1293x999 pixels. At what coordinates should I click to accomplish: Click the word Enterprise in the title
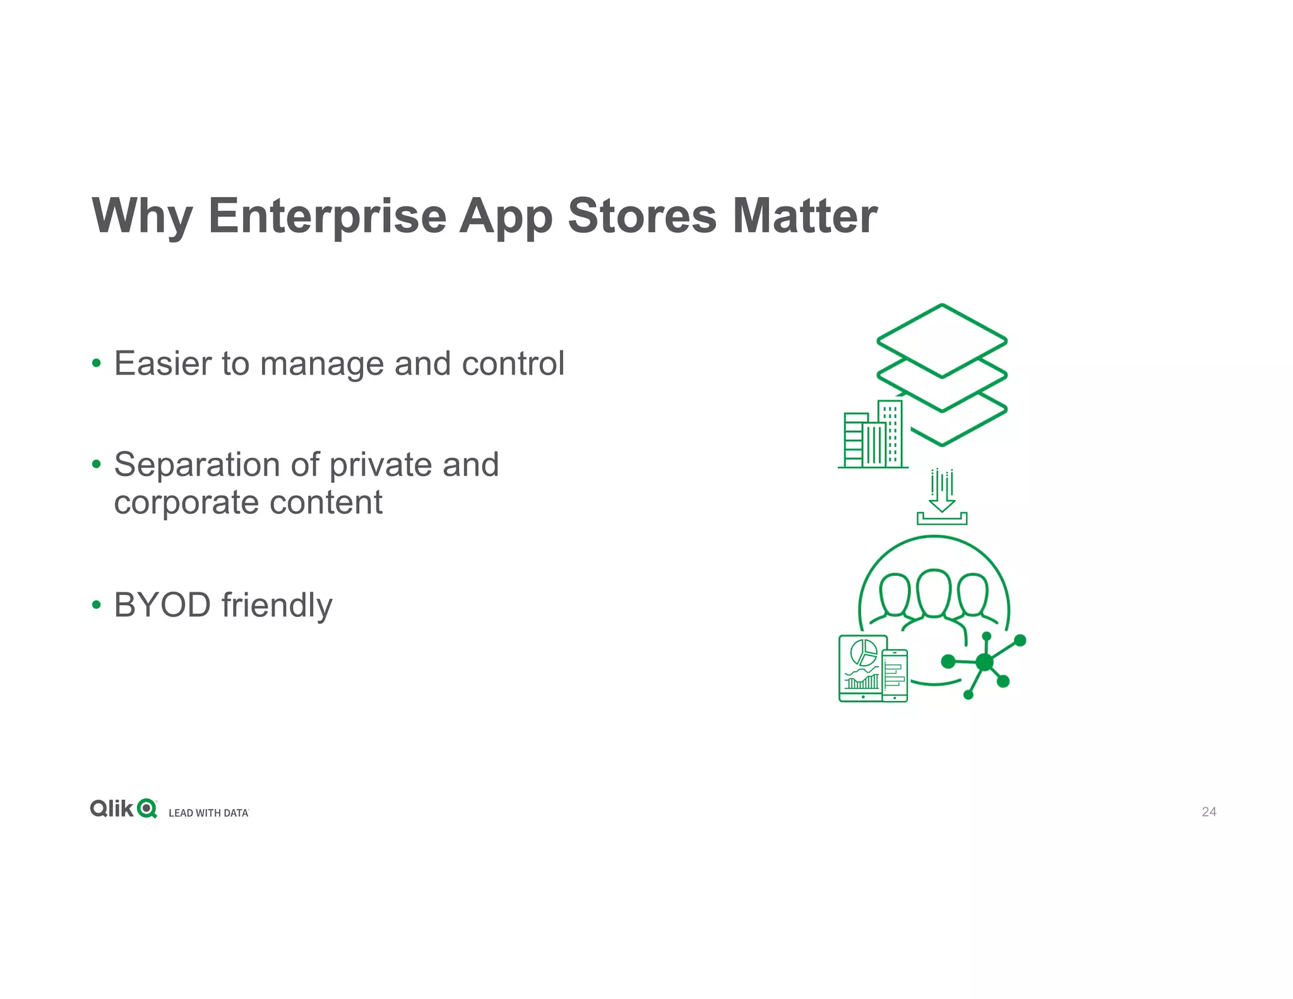tap(327, 216)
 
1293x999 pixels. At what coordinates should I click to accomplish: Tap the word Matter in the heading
tap(804, 216)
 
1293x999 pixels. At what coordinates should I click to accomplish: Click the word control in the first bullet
tap(513, 364)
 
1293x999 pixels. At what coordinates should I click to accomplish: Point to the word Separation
tap(196, 465)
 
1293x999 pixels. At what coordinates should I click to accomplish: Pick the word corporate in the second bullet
tap(186, 503)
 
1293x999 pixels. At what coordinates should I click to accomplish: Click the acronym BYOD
tap(162, 605)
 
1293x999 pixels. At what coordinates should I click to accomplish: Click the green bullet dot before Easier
tap(96, 364)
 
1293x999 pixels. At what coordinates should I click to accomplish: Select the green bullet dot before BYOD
tap(96, 605)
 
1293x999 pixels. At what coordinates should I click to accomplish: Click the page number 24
tap(1208, 812)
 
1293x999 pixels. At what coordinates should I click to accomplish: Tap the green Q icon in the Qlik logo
tap(147, 809)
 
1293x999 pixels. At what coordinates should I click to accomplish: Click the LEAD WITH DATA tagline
tap(208, 813)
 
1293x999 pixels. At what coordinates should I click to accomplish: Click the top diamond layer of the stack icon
tap(941, 341)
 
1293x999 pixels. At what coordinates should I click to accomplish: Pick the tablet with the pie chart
tap(861, 668)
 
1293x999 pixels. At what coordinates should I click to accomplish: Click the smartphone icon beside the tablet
tap(895, 676)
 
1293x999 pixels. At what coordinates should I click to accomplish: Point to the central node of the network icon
tap(984, 662)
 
